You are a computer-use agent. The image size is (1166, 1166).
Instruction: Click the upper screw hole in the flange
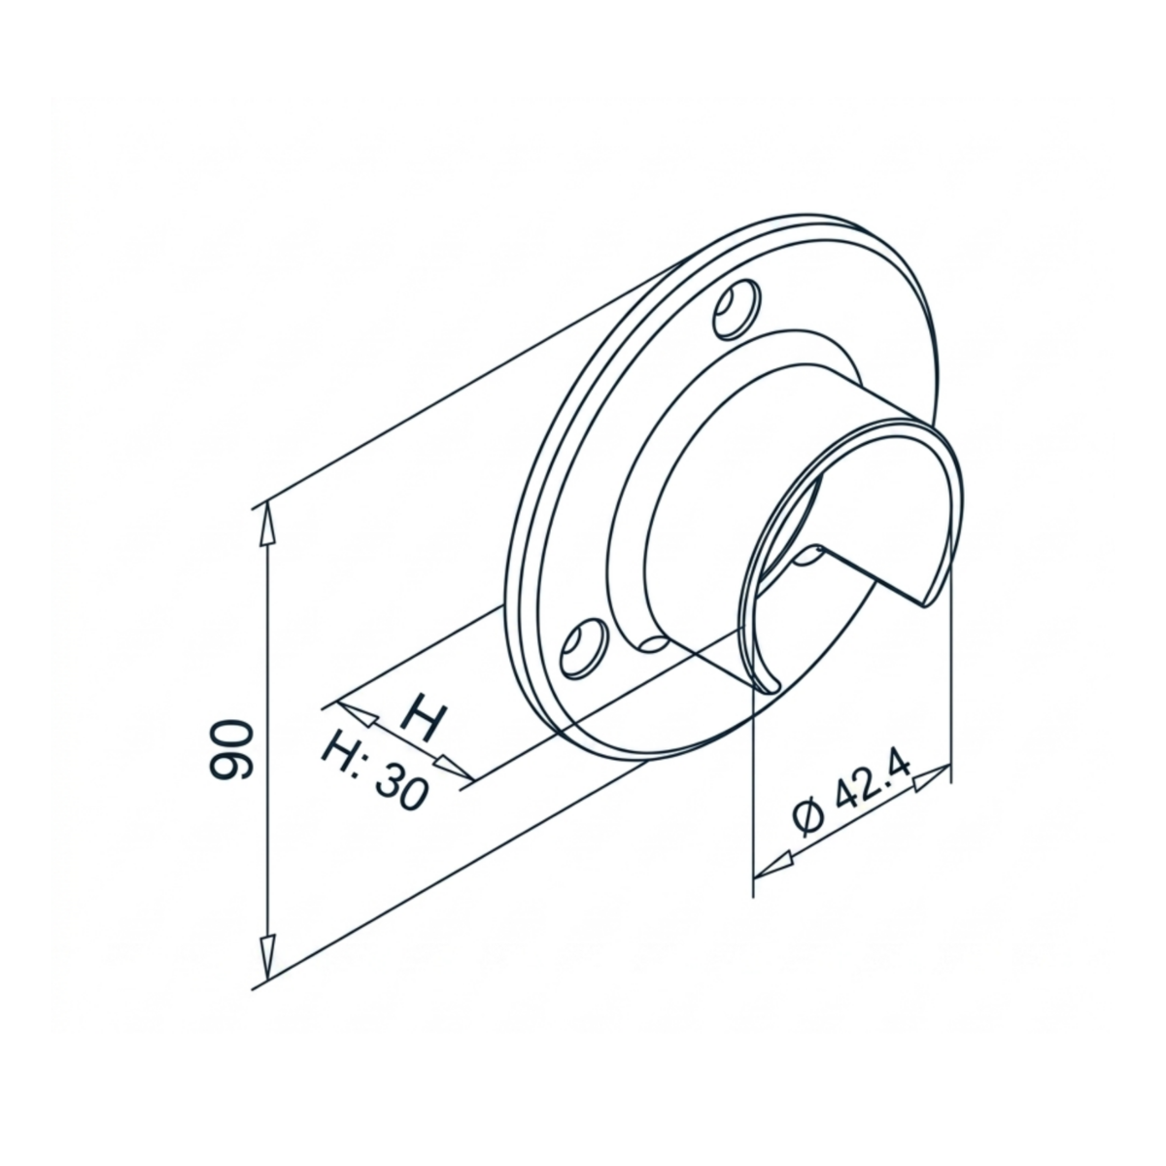[x=737, y=309]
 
